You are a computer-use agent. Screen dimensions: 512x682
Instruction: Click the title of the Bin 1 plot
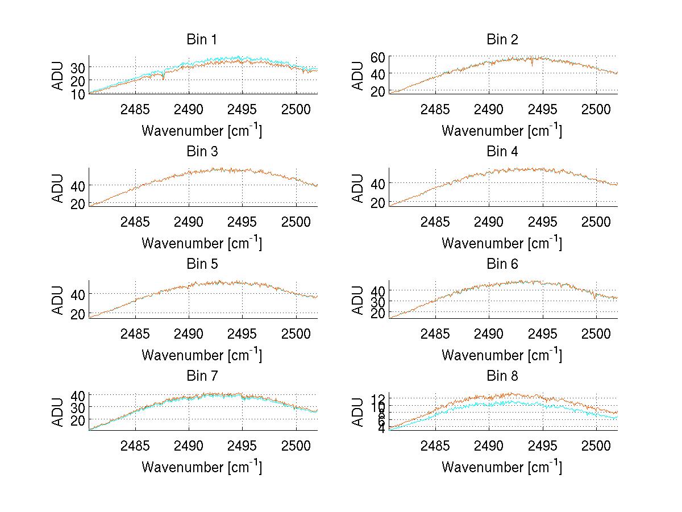(x=202, y=39)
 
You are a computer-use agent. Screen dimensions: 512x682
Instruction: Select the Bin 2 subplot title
(x=502, y=39)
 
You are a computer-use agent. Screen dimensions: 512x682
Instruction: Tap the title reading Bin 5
(x=202, y=264)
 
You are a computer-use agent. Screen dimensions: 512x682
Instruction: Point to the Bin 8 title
(x=502, y=376)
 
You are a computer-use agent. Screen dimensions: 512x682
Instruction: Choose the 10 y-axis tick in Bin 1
(x=78, y=94)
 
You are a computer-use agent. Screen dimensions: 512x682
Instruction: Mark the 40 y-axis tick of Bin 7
(x=78, y=395)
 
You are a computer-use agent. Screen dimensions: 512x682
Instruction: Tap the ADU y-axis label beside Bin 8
(x=358, y=413)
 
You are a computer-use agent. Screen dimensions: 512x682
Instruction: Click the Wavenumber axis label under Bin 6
(x=502, y=355)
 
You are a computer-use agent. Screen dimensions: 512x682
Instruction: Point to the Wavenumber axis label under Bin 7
(x=202, y=467)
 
